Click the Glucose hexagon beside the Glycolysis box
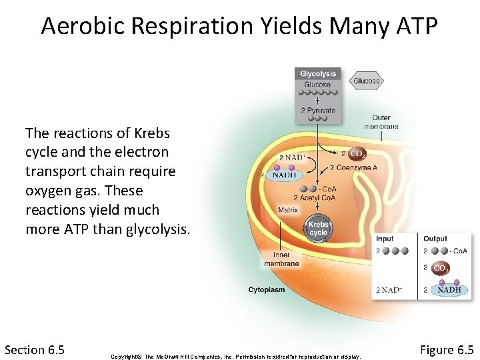tap(366, 81)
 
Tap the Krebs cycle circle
tap(318, 229)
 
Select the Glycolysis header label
tap(318, 73)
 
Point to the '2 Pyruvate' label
tap(318, 110)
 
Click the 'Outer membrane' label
tap(381, 122)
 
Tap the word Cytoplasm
tap(267, 290)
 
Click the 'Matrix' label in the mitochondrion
tap(287, 210)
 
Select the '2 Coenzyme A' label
tap(353, 167)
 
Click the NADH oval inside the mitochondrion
tap(283, 175)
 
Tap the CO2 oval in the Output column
tap(440, 268)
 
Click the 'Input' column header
tap(385, 239)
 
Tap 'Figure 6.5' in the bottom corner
tap(447, 349)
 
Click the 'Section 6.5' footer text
tap(34, 349)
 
